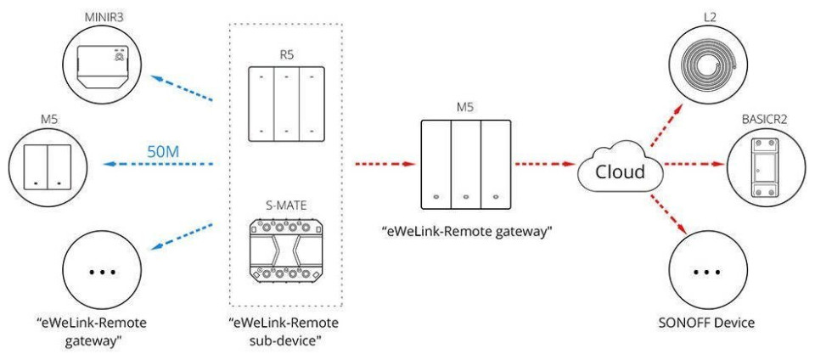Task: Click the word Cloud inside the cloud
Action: point(618,172)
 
